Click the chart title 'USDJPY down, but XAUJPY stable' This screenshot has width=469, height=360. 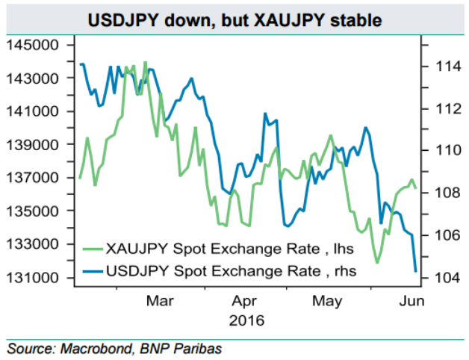(235, 18)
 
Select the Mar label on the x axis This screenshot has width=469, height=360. (161, 302)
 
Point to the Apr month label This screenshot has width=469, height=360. (245, 302)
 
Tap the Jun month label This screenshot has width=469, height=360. (412, 302)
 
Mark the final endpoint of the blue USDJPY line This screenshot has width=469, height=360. (415, 271)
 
